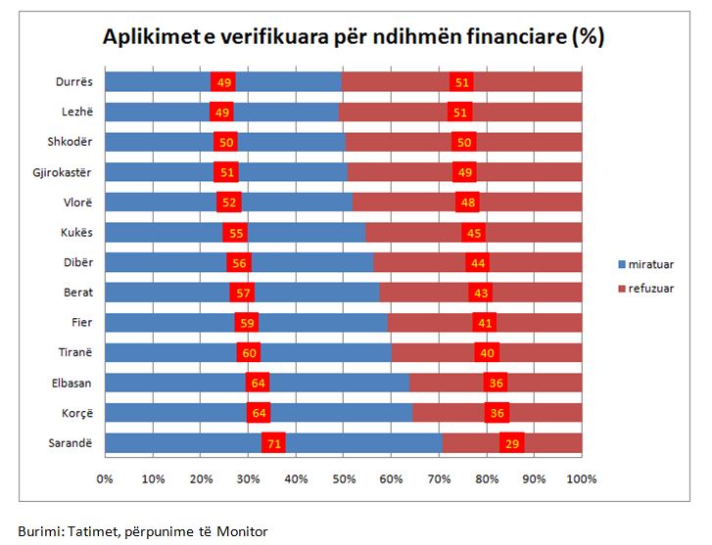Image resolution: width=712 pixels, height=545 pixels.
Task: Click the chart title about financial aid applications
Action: pyautogui.click(x=354, y=37)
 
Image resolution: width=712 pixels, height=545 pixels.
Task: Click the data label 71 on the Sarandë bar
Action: pyautogui.click(x=273, y=443)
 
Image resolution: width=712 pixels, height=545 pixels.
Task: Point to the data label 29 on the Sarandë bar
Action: pyautogui.click(x=512, y=443)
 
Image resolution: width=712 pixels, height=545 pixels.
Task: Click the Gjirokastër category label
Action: pyautogui.click(x=65, y=172)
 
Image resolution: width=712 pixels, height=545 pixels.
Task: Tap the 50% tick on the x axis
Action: pyautogui.click(x=344, y=479)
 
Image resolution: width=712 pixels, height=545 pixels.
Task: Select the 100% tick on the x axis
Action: pyautogui.click(x=582, y=479)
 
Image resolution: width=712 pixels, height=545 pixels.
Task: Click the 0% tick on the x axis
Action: pyautogui.click(x=105, y=479)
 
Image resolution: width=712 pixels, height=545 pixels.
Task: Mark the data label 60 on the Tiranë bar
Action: pyautogui.click(x=249, y=352)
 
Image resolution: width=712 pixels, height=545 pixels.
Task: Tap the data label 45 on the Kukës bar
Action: pyautogui.click(x=474, y=232)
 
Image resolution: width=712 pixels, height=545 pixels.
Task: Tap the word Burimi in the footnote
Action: pyautogui.click(x=38, y=531)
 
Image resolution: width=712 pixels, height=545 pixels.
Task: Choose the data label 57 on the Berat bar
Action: pyautogui.click(x=242, y=293)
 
